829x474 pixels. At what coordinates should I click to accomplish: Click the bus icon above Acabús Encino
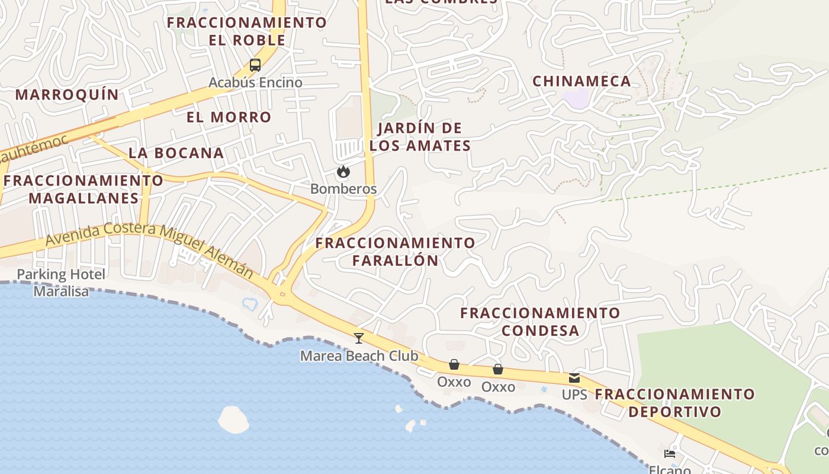click(x=255, y=65)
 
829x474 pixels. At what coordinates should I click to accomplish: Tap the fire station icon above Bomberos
click(x=343, y=172)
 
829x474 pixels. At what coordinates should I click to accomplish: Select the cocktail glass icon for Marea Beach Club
click(x=358, y=338)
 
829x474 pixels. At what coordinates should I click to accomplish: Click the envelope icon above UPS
click(x=574, y=378)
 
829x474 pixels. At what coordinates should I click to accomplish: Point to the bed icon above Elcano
click(x=670, y=454)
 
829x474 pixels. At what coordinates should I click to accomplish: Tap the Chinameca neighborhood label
click(x=581, y=81)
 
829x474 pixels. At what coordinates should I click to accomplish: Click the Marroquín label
click(x=67, y=94)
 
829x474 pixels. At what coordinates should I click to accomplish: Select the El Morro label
click(x=229, y=117)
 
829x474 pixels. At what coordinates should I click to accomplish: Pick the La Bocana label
click(x=176, y=152)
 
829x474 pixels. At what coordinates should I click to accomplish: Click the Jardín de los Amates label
click(x=420, y=137)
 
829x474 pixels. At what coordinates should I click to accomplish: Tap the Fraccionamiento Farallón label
click(x=395, y=251)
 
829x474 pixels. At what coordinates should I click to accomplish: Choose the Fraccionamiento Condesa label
click(x=540, y=321)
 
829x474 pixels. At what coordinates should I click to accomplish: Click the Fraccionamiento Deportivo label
click(x=675, y=402)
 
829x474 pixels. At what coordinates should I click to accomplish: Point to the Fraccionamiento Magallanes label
click(x=79, y=189)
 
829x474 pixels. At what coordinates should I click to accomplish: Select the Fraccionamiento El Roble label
click(x=247, y=31)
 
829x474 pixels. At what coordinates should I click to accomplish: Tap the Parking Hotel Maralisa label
click(x=61, y=283)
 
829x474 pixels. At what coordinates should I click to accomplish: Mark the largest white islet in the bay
click(x=233, y=419)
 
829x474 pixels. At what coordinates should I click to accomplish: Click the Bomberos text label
click(x=343, y=189)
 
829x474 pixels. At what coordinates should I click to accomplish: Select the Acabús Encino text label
click(x=255, y=82)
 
